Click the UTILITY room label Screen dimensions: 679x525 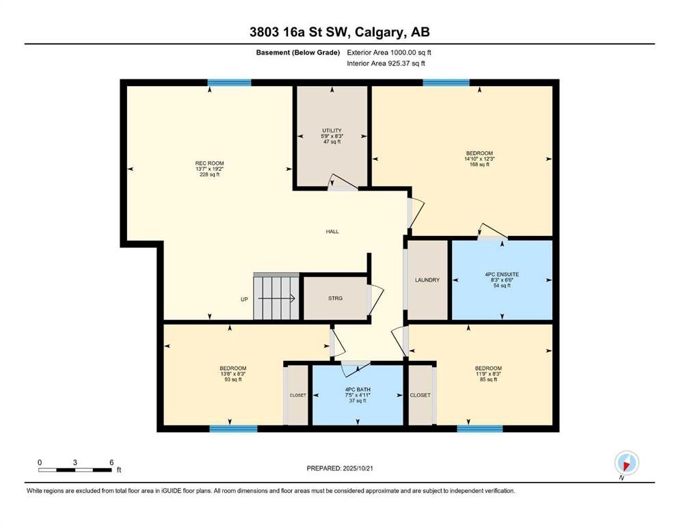pos(332,131)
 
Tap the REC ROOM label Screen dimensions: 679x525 pos(209,163)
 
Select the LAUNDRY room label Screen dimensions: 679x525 pos(427,280)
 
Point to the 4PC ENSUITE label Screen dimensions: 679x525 pos(502,274)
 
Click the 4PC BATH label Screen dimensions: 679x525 pos(358,390)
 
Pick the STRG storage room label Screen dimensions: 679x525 pos(335,298)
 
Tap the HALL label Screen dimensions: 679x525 pos(332,232)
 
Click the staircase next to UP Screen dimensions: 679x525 pos(276,297)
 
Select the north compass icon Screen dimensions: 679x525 pos(626,463)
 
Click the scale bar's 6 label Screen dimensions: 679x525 pos(111,462)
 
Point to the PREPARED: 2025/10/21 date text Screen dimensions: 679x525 pos(339,468)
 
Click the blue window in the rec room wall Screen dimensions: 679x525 pos(229,83)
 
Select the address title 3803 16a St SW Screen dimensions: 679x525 pos(302,32)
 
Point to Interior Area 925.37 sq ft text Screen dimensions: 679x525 pos(386,63)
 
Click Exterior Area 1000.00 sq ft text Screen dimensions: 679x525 pos(389,53)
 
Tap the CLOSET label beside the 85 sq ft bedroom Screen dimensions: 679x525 pos(420,395)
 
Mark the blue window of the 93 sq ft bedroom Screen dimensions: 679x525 pos(233,429)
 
